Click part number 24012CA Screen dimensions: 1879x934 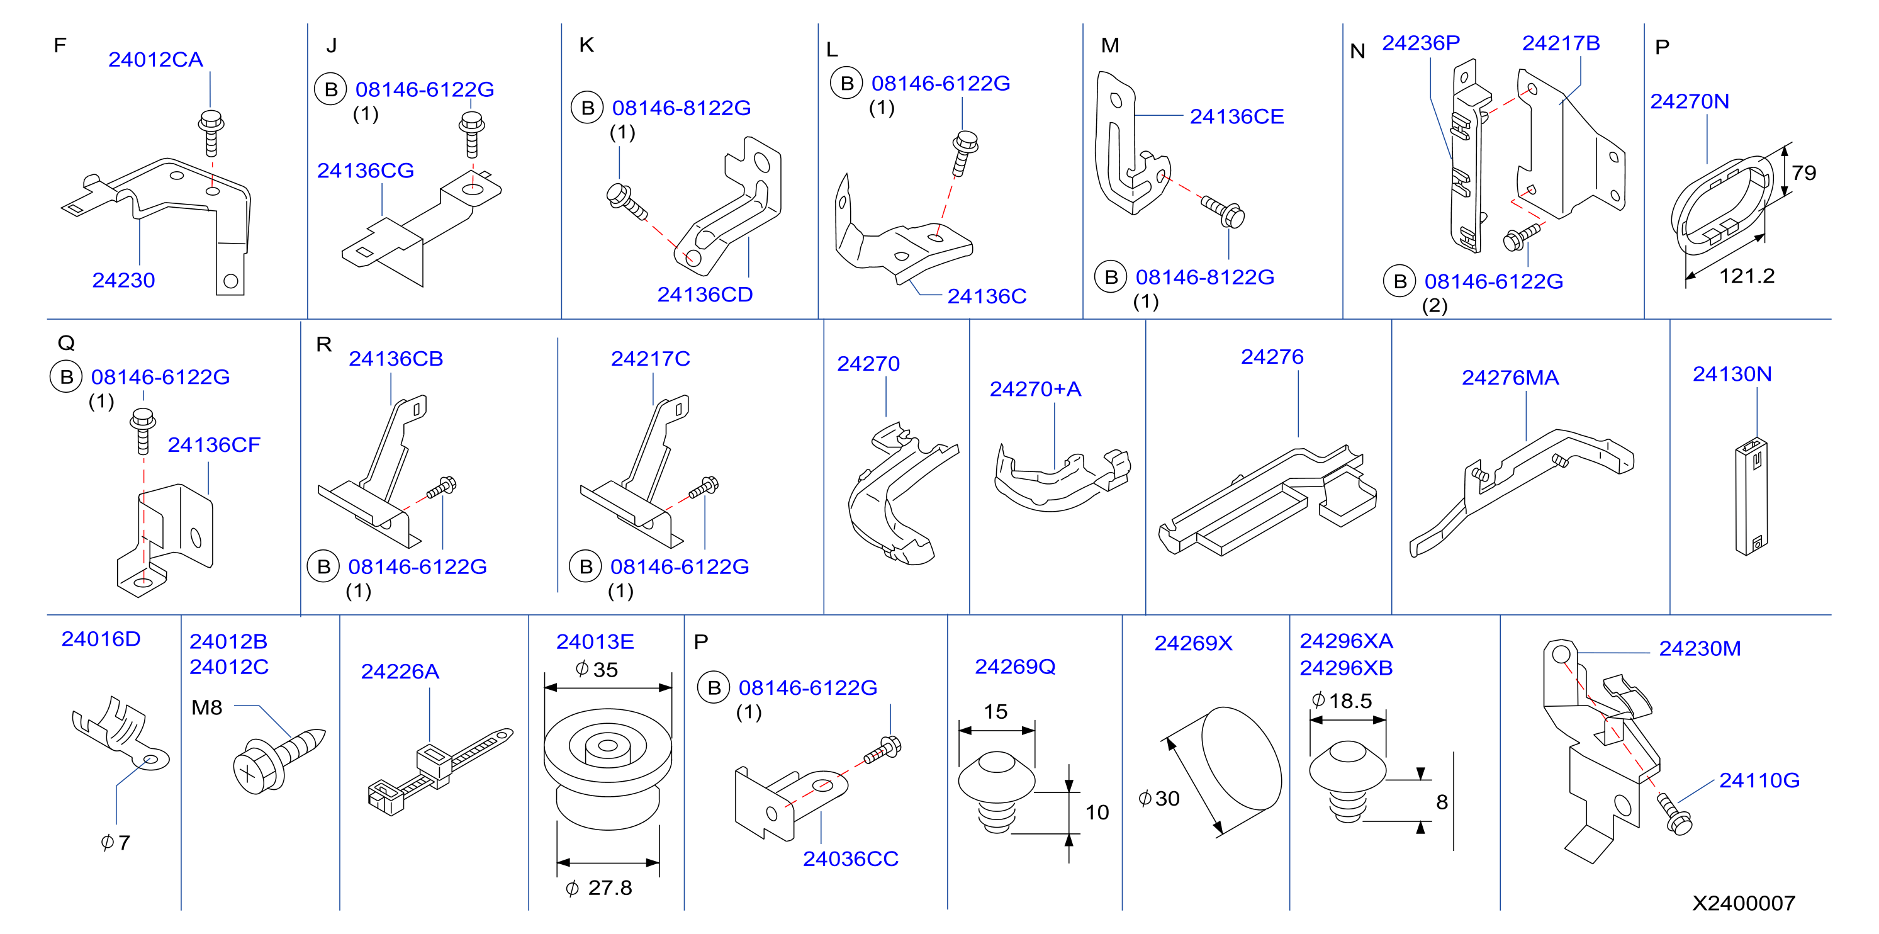[155, 60]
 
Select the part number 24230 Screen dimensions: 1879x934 [123, 280]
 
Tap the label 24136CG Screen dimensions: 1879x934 [366, 171]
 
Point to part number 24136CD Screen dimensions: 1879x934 [705, 295]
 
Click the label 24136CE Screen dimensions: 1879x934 [1237, 117]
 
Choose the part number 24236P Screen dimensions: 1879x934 [1421, 43]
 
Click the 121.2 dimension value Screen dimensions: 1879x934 [1747, 276]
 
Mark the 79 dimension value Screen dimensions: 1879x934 [1804, 173]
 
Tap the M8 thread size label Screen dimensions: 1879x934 [206, 708]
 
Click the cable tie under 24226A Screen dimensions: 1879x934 [440, 770]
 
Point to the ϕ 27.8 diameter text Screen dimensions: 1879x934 [599, 888]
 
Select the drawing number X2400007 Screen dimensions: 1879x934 [1743, 903]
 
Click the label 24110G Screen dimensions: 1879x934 [1759, 781]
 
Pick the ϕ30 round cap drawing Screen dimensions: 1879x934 [1241, 759]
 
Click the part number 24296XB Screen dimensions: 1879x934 [1346, 668]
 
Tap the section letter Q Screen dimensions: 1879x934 [65, 343]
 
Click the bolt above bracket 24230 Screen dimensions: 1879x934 [211, 133]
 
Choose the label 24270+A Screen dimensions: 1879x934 [1035, 390]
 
